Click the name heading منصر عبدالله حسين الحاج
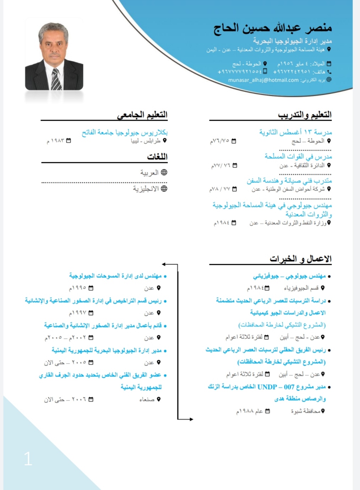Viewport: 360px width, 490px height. click(273, 28)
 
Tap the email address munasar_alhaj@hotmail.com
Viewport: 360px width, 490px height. click(263, 80)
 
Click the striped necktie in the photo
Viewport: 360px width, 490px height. click(56, 79)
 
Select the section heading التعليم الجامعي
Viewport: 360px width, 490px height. click(142, 115)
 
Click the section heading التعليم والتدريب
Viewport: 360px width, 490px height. click(305, 115)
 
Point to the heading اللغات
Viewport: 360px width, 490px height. click(157, 157)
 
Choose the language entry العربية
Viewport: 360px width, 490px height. click(149, 173)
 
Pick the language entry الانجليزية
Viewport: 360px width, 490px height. click(146, 189)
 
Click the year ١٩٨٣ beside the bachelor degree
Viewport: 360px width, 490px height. click(55, 141)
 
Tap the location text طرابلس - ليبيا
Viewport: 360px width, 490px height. click(146, 141)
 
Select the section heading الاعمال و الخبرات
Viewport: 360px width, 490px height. click(300, 259)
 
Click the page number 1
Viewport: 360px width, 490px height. click(28, 459)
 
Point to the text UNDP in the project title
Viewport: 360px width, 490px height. click(267, 387)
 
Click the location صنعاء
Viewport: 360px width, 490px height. click(147, 399)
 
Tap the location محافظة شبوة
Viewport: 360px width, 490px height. click(305, 411)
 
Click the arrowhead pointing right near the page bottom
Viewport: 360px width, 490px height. click(191, 419)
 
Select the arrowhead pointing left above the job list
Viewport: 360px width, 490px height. click(164, 264)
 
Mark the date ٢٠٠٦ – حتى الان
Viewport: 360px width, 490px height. click(65, 399)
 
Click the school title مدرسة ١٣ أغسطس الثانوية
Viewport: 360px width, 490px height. click(295, 132)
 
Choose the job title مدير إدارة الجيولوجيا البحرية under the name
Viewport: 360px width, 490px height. click(292, 41)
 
